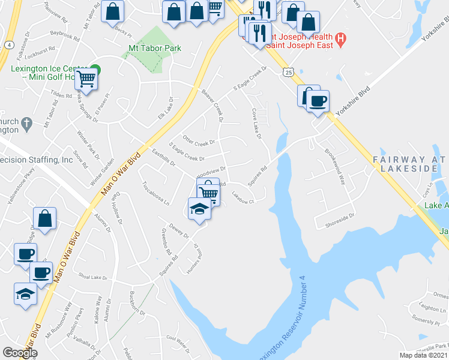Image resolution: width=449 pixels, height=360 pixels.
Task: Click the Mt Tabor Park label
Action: click(x=155, y=48)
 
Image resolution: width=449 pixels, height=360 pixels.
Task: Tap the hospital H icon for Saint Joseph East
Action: click(x=341, y=40)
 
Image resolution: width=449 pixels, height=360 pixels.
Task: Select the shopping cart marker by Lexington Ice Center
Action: click(x=86, y=78)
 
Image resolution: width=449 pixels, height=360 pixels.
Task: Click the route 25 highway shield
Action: click(x=289, y=72)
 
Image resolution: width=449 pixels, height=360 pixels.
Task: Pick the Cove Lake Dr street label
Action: click(x=257, y=123)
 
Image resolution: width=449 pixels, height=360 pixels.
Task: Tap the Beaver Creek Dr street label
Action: click(x=213, y=106)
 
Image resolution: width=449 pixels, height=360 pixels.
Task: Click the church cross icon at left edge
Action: click(x=26, y=125)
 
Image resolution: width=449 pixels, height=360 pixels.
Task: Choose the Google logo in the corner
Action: click(x=20, y=353)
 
